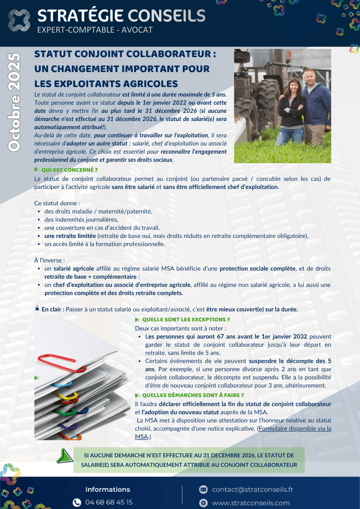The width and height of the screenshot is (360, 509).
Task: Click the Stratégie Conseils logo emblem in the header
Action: pyautogui.click(x=18, y=21)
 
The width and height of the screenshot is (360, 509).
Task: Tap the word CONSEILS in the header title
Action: pyautogui.click(x=166, y=16)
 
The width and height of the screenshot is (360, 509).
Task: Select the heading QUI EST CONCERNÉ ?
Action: pyautogui.click(x=69, y=170)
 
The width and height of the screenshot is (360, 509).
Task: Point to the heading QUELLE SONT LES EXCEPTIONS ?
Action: pyautogui.click(x=183, y=320)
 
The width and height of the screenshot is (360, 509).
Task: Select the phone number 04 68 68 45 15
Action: pyautogui.click(x=109, y=502)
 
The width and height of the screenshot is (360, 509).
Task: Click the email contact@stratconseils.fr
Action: pyautogui.click(x=253, y=490)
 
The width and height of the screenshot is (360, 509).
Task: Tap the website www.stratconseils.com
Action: pyautogui.click(x=251, y=503)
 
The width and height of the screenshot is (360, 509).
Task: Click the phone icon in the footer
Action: pyautogui.click(x=77, y=502)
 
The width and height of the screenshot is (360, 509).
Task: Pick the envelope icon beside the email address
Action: pyautogui.click(x=204, y=490)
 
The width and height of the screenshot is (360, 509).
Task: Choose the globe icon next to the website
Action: pyautogui.click(x=204, y=503)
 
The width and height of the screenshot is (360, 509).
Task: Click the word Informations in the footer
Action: pyautogui.click(x=107, y=490)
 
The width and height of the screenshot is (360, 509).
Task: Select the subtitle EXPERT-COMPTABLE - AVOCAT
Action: pyautogui.click(x=95, y=30)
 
